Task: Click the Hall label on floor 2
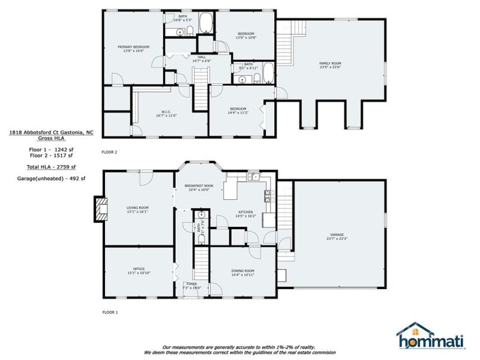click(x=201, y=58)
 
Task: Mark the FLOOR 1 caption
click(x=110, y=313)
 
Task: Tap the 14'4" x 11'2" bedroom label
click(x=237, y=110)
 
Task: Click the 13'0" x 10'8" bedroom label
click(x=246, y=35)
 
